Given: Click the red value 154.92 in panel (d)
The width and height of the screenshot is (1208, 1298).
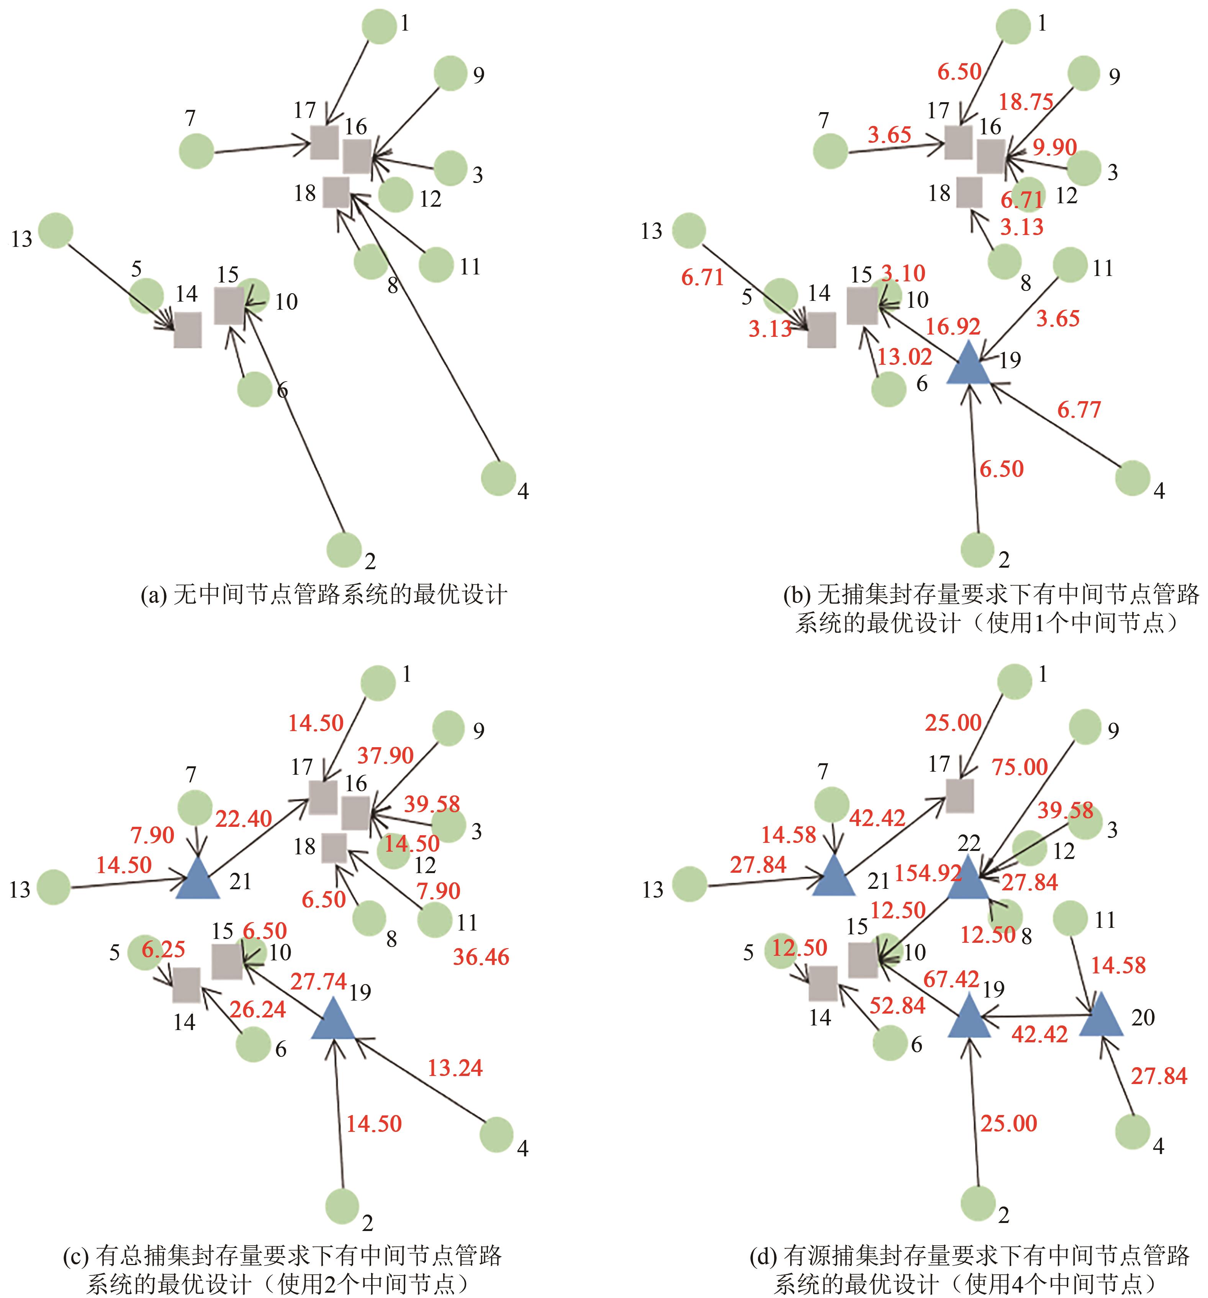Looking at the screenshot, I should pyautogui.click(x=928, y=873).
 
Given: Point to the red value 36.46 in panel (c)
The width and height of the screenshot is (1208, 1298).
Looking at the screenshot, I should pyautogui.click(x=481, y=957).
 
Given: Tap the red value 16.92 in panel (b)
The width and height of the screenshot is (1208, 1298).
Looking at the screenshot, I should pyautogui.click(x=953, y=327).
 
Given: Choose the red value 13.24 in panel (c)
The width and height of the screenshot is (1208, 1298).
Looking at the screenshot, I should pyautogui.click(x=455, y=1068).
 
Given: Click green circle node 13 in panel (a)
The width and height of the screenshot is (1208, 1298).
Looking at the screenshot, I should pyautogui.click(x=56, y=230).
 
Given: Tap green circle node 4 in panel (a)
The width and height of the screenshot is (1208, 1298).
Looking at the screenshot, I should pyautogui.click(x=499, y=478).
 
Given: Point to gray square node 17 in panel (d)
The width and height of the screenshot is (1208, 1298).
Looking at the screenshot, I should pyautogui.click(x=960, y=796).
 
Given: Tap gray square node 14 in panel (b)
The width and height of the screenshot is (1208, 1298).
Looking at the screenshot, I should pyautogui.click(x=821, y=330).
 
